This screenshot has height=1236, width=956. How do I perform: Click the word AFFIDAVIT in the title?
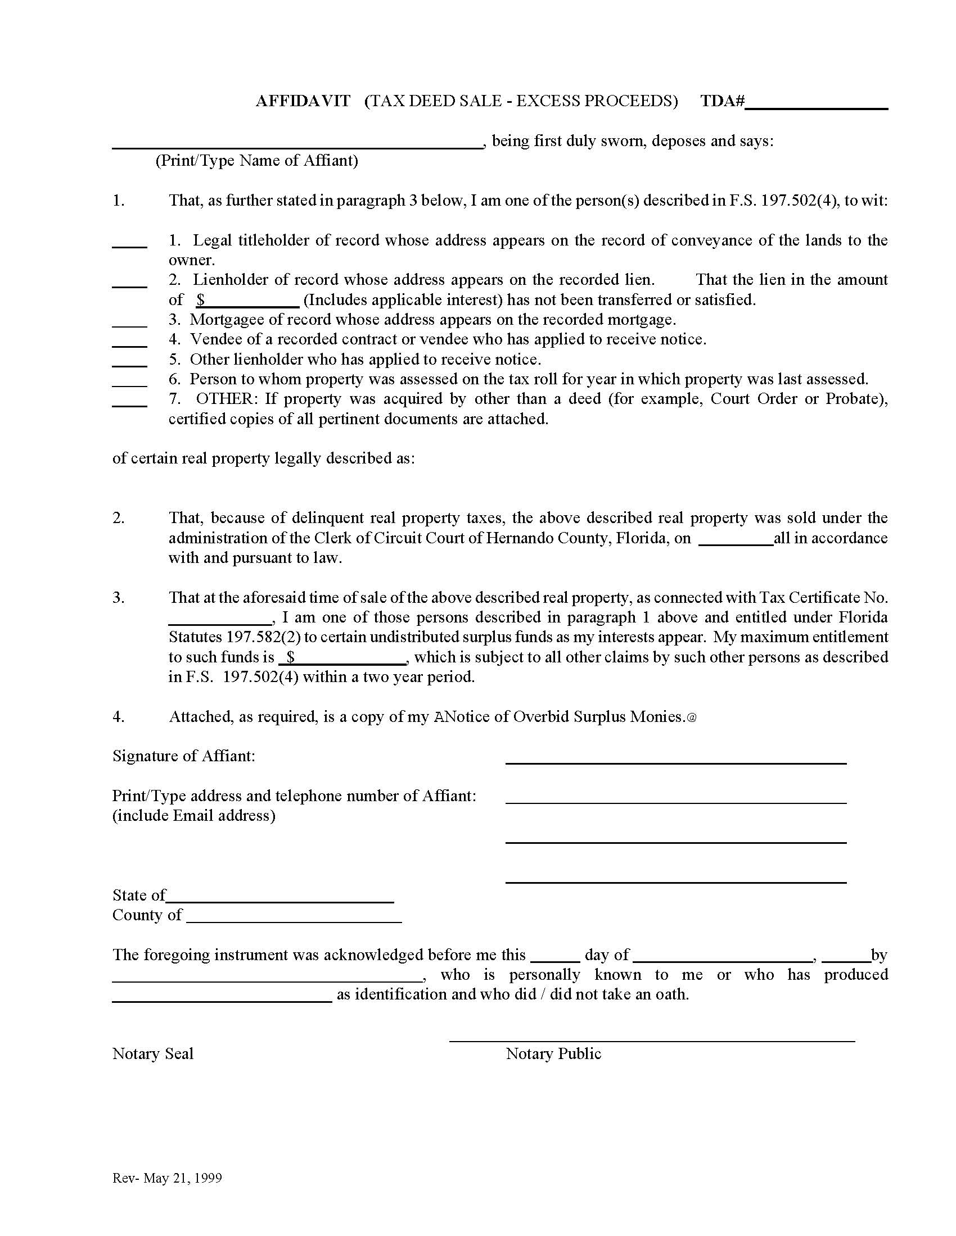[303, 101]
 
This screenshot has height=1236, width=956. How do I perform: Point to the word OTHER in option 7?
[227, 399]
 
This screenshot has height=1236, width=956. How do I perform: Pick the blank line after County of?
[294, 919]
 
